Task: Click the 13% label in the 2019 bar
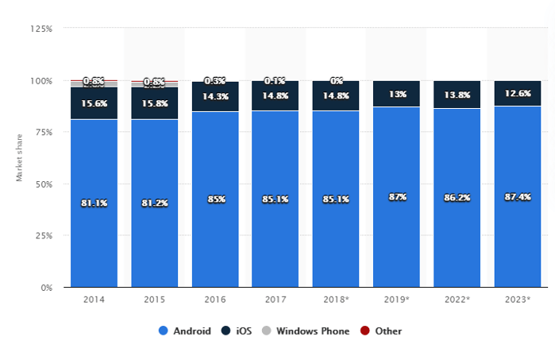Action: coord(396,94)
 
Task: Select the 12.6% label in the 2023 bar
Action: coord(517,94)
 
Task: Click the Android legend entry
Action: coord(185,331)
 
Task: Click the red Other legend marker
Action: coord(365,331)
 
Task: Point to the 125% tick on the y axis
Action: coord(41,29)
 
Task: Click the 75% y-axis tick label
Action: coord(44,132)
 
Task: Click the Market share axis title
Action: coord(20,159)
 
